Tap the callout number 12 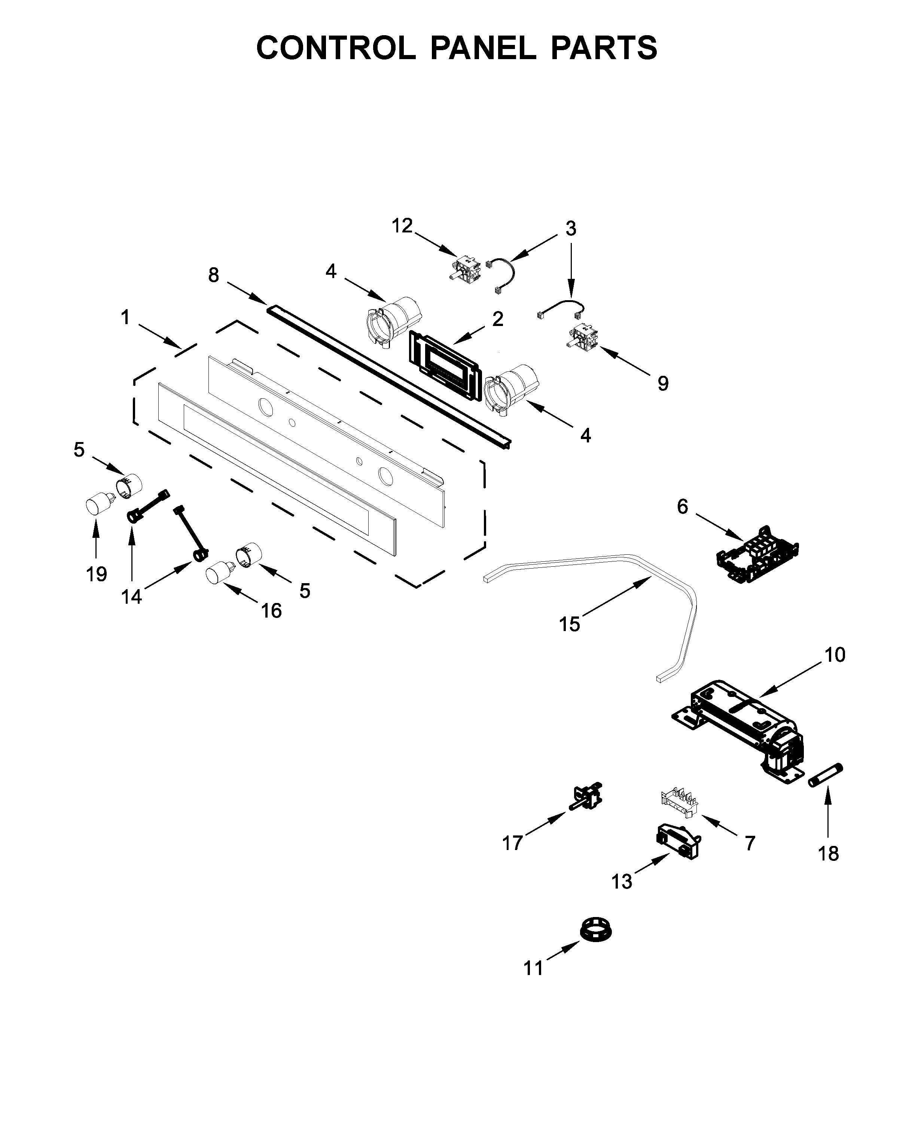tap(402, 226)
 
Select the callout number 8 tap(213, 275)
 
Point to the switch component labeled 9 tap(584, 337)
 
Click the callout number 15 tap(570, 625)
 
